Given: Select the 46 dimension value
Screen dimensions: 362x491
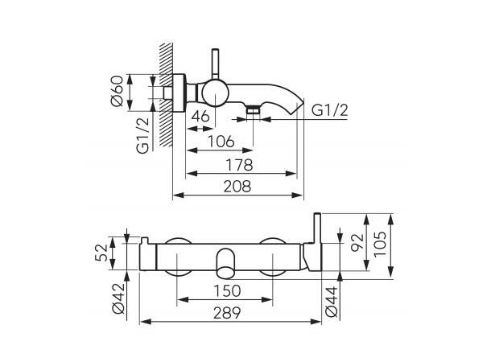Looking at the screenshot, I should pos(200,117).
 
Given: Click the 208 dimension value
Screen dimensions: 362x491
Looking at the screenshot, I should pos(238,187).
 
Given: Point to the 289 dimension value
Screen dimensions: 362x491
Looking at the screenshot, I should pos(235,314).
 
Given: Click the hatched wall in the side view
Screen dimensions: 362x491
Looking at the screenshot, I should pos(167,97).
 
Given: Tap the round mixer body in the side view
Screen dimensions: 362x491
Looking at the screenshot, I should pos(214,93).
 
